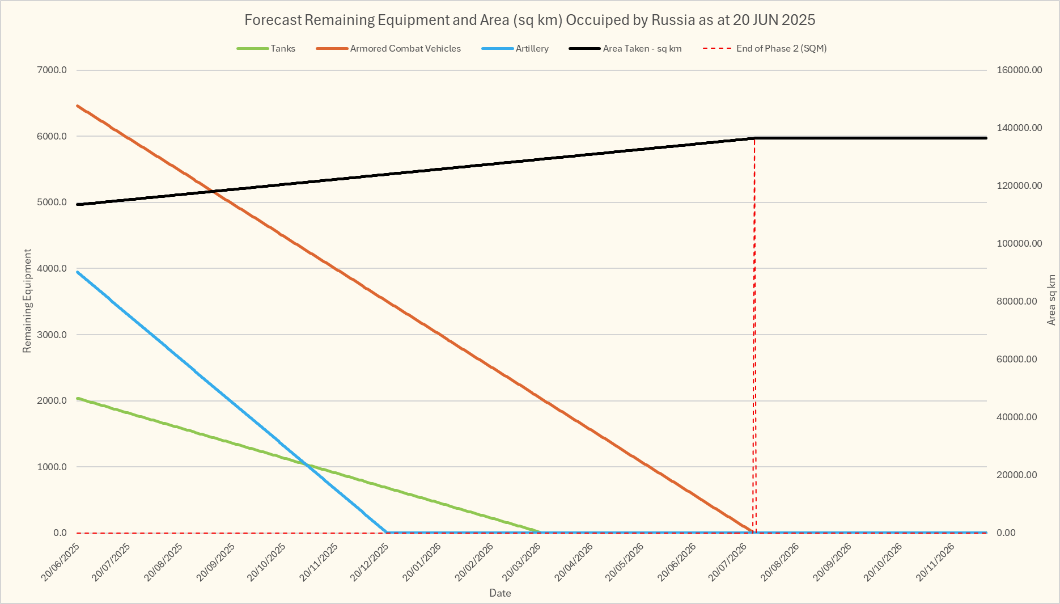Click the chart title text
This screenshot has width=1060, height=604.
coord(529,20)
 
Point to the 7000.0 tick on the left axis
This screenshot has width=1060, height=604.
coord(52,70)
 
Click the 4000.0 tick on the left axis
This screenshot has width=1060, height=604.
coord(52,268)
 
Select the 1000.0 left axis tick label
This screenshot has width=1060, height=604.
coord(52,467)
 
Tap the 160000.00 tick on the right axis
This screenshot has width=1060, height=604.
coord(1019,70)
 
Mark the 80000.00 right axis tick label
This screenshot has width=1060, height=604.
coord(1017,302)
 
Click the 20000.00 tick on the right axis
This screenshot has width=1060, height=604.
coord(1017,475)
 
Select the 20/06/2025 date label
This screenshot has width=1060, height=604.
coord(61,562)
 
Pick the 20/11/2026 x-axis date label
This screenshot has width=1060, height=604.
coord(936,562)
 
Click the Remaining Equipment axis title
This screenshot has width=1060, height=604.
coord(27,301)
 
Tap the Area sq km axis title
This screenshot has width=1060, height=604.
coord(1051,300)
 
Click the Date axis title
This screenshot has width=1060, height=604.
coord(500,593)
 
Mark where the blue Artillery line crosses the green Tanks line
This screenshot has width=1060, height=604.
coord(307,466)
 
